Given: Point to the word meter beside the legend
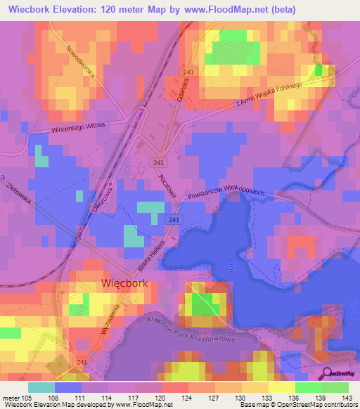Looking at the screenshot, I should (x=11, y=398).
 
